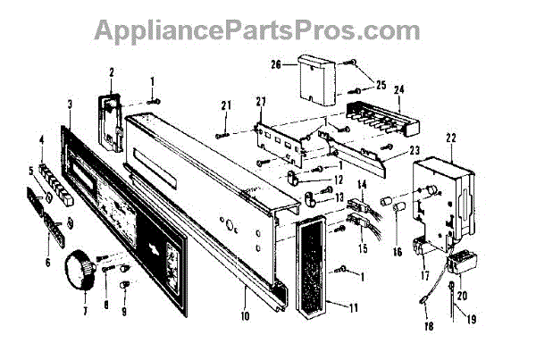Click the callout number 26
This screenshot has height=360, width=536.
pyautogui.click(x=276, y=64)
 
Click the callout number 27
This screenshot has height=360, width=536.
pyautogui.click(x=261, y=100)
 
